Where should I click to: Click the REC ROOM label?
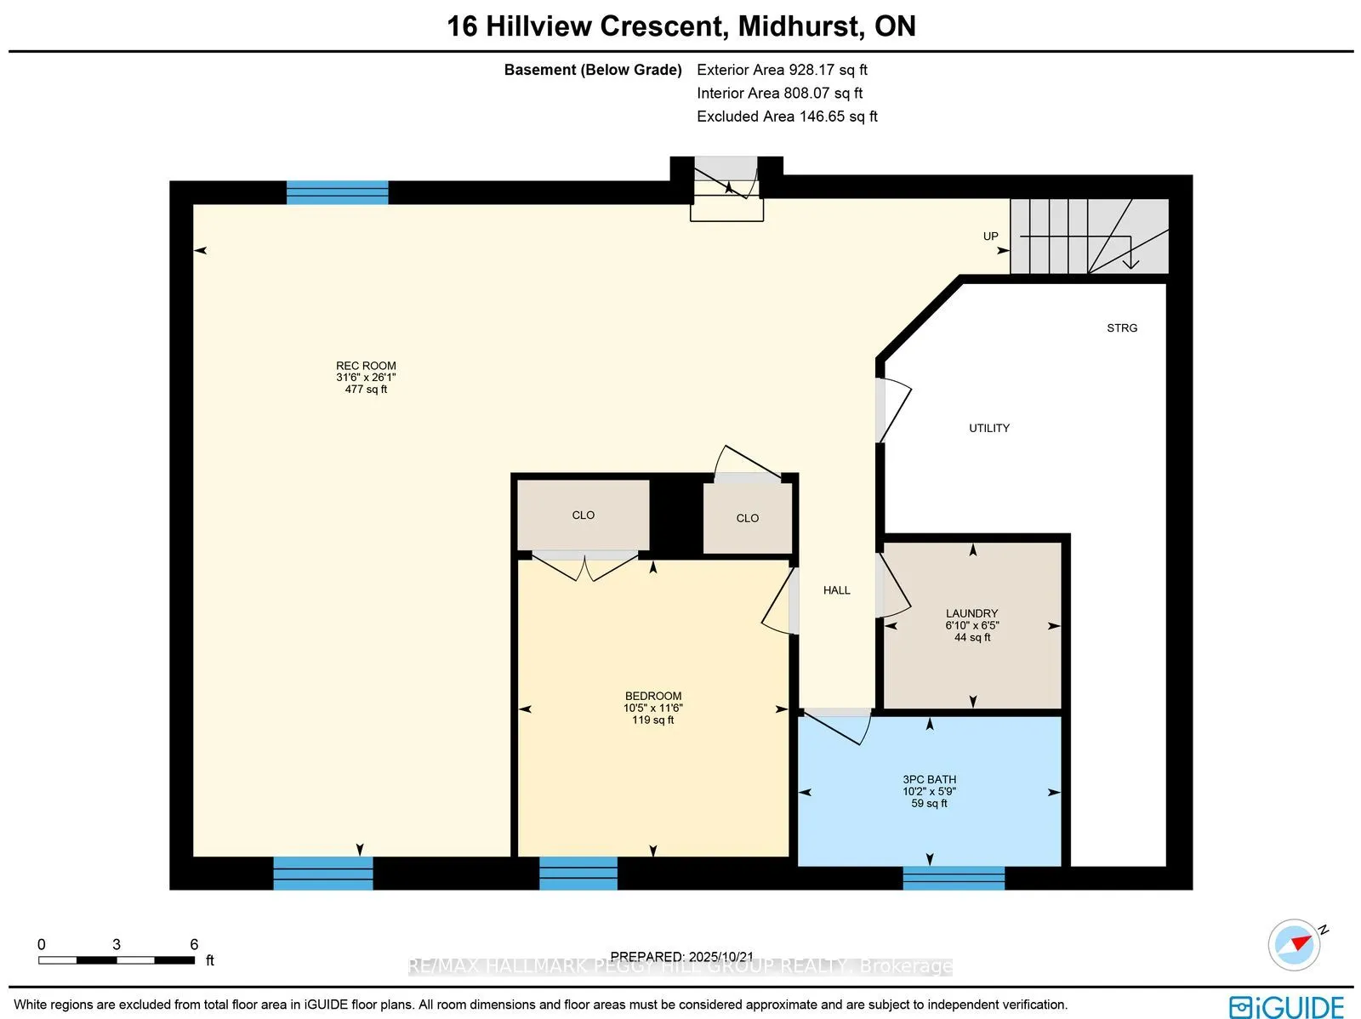(x=366, y=366)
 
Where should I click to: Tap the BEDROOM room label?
(x=652, y=696)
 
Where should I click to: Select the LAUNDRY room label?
(x=971, y=613)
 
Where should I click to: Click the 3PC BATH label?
(x=929, y=779)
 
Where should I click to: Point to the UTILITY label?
(x=988, y=428)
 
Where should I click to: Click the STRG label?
(x=1121, y=327)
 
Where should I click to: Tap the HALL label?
(x=836, y=589)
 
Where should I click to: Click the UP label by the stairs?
(x=990, y=236)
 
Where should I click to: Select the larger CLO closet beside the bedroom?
(x=583, y=515)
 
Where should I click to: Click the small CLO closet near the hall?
(x=747, y=518)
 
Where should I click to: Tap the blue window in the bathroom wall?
(x=953, y=877)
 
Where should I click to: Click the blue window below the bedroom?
(x=578, y=873)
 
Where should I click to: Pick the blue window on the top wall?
(x=337, y=192)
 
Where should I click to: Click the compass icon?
(x=1295, y=944)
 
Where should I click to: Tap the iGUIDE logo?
(x=1286, y=1006)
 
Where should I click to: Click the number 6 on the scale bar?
(x=194, y=944)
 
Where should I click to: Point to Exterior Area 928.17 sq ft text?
(x=781, y=70)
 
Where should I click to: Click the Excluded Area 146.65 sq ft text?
(x=786, y=117)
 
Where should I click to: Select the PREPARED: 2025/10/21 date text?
(x=681, y=956)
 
